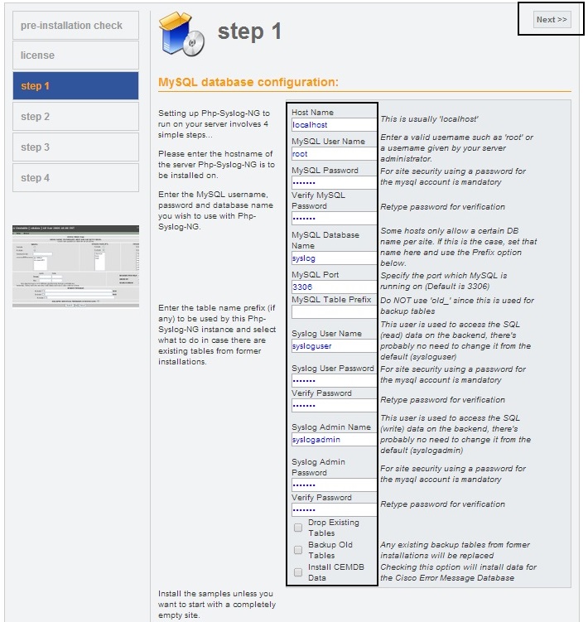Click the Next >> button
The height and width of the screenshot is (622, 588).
click(552, 20)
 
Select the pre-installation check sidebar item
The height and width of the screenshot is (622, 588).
click(75, 25)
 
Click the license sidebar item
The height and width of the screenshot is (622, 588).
click(75, 55)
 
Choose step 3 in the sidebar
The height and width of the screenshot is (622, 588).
click(75, 147)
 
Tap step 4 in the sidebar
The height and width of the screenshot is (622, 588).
click(75, 178)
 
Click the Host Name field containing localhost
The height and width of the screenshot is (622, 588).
click(333, 125)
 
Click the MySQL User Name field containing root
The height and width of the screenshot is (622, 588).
click(333, 154)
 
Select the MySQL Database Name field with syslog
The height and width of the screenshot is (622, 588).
click(333, 258)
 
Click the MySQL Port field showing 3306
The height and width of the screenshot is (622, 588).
click(333, 287)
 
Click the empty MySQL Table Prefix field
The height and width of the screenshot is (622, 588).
click(333, 312)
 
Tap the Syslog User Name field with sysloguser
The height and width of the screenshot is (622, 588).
click(333, 346)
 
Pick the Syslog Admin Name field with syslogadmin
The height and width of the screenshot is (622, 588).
click(333, 440)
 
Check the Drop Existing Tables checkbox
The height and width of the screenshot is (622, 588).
click(298, 528)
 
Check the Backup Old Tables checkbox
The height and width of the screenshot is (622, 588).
click(298, 550)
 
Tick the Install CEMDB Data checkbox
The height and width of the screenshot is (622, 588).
click(298, 572)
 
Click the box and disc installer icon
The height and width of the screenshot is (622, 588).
click(181, 31)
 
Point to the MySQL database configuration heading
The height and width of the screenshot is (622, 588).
click(248, 82)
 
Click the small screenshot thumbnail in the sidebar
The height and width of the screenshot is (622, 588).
click(75, 265)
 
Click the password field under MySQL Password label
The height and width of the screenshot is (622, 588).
click(333, 183)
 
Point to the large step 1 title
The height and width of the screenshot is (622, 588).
click(249, 31)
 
